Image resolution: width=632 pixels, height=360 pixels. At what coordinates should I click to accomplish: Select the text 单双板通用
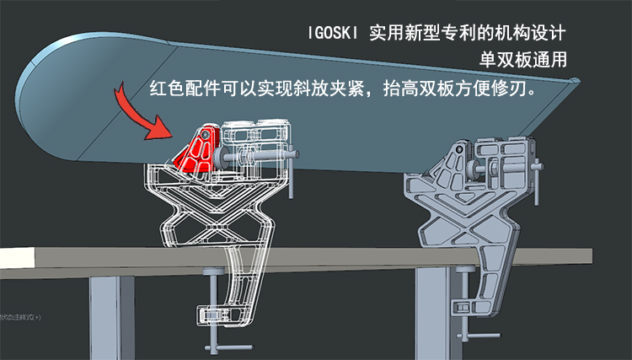pyautogui.click(x=522, y=61)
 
